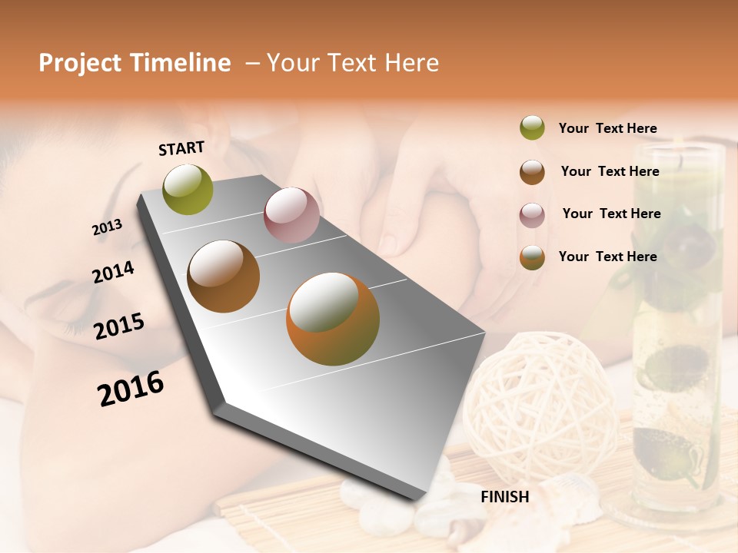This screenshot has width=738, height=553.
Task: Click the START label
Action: [x=181, y=148]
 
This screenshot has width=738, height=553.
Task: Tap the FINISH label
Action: [x=505, y=496]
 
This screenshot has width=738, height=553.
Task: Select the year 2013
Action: [x=108, y=227]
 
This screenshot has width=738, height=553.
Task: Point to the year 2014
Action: [x=114, y=272]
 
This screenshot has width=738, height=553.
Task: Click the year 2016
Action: [x=131, y=388]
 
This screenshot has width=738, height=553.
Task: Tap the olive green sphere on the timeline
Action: [x=188, y=189]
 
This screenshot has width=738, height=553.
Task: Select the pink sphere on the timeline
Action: [x=291, y=215]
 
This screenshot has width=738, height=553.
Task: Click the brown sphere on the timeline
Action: [x=224, y=276]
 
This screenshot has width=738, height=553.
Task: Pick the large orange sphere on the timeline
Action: [x=333, y=319]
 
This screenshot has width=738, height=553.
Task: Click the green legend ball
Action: [x=532, y=127]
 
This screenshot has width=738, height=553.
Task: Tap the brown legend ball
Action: [x=532, y=172]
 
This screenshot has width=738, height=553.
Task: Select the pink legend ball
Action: [x=532, y=215]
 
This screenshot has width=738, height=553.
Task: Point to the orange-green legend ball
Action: [x=532, y=257]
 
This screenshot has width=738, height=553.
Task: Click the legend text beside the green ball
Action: [x=607, y=128]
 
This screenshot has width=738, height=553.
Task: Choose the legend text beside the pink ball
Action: [x=611, y=214]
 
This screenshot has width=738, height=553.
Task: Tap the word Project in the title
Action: [x=80, y=63]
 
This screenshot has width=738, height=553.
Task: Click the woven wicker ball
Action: [x=542, y=399]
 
